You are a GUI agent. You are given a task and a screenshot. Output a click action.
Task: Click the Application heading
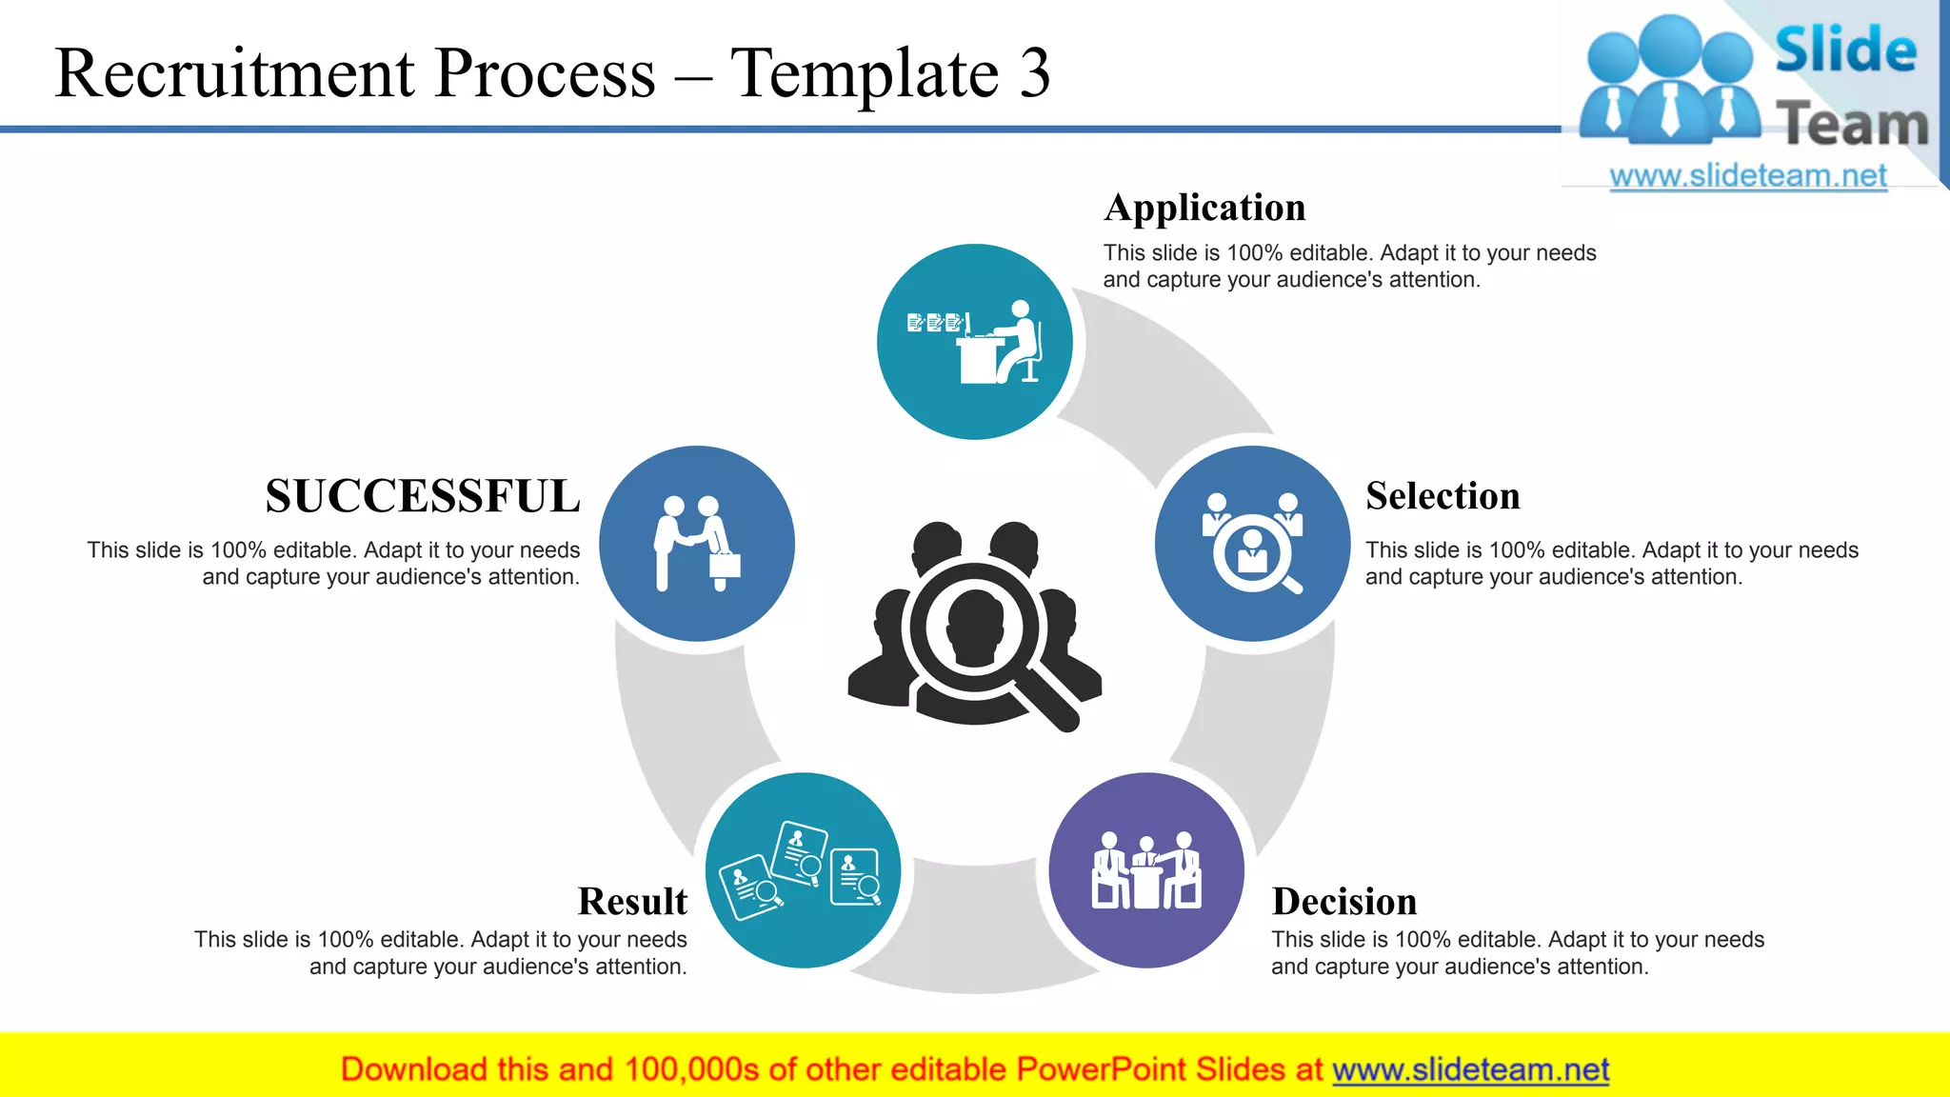(x=1204, y=209)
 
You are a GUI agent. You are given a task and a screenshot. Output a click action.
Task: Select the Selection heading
(x=1442, y=497)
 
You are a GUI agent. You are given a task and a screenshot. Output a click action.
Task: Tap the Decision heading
(x=1343, y=902)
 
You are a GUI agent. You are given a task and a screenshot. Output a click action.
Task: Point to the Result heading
(x=632, y=902)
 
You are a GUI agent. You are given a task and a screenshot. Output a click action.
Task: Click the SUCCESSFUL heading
(x=423, y=497)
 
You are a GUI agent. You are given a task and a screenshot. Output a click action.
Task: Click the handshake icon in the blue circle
(x=696, y=544)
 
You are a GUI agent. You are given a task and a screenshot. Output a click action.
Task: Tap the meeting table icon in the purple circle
(x=1146, y=870)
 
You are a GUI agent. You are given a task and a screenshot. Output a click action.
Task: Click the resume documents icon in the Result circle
(x=802, y=870)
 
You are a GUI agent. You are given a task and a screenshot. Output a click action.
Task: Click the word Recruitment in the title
(x=234, y=73)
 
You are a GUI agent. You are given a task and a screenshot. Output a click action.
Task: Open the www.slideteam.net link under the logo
(x=1747, y=176)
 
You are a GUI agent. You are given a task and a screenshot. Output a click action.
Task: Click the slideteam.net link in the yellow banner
(x=1470, y=1069)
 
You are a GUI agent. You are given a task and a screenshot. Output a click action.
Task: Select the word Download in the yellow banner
(x=413, y=1069)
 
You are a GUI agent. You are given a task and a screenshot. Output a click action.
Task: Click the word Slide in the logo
(x=1845, y=50)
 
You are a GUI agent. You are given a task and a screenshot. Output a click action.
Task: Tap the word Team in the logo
(x=1851, y=125)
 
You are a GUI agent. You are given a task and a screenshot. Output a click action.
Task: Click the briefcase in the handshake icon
(x=725, y=565)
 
